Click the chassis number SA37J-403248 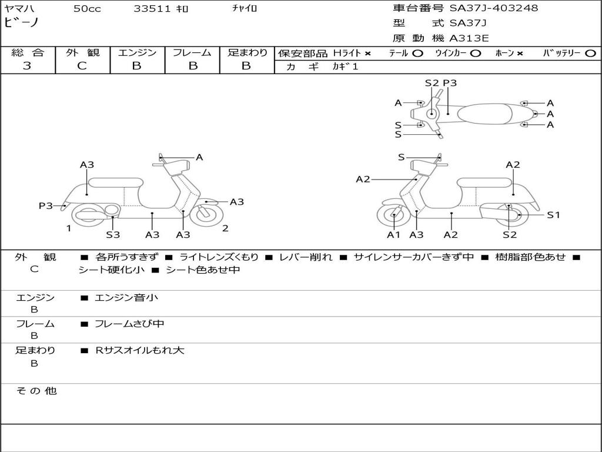click(x=494, y=8)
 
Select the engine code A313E click(x=469, y=38)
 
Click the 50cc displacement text click(x=87, y=8)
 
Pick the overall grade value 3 click(x=27, y=66)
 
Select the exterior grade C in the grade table click(x=82, y=66)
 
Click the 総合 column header click(x=28, y=52)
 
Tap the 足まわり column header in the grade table click(x=248, y=52)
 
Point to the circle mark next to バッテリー click(x=591, y=54)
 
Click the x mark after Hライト click(x=368, y=54)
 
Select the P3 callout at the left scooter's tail click(x=46, y=205)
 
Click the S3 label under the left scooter click(x=113, y=234)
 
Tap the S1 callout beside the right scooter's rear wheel click(x=553, y=215)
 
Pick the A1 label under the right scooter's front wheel click(x=393, y=234)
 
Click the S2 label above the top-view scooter click(x=432, y=82)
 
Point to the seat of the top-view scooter click(x=484, y=114)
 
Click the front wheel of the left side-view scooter click(x=206, y=214)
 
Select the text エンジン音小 click(x=126, y=297)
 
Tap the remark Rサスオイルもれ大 click(x=140, y=350)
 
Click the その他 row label click(x=36, y=391)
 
